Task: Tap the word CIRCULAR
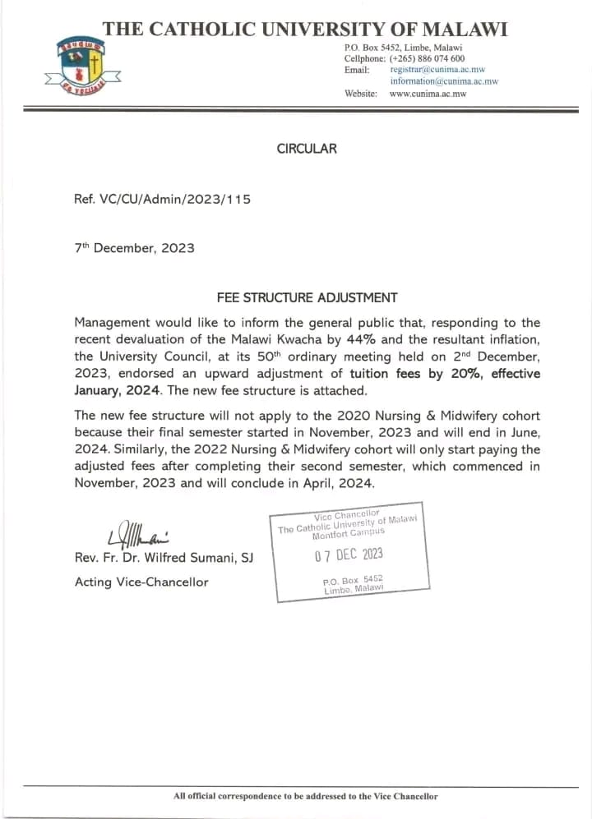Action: coord(306,149)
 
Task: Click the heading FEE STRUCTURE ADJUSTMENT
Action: coord(307,297)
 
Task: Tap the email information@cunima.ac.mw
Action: coord(444,82)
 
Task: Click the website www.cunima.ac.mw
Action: coord(428,94)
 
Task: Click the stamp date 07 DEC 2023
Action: coord(349,554)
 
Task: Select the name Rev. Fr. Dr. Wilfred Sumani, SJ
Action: coord(164,559)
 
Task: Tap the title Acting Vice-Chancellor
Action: coord(141,582)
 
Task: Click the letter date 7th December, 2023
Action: coord(134,247)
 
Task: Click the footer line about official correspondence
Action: coord(305,796)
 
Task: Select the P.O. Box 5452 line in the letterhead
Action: coord(403,48)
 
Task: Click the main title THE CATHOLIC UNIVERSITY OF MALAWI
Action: coord(305,30)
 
